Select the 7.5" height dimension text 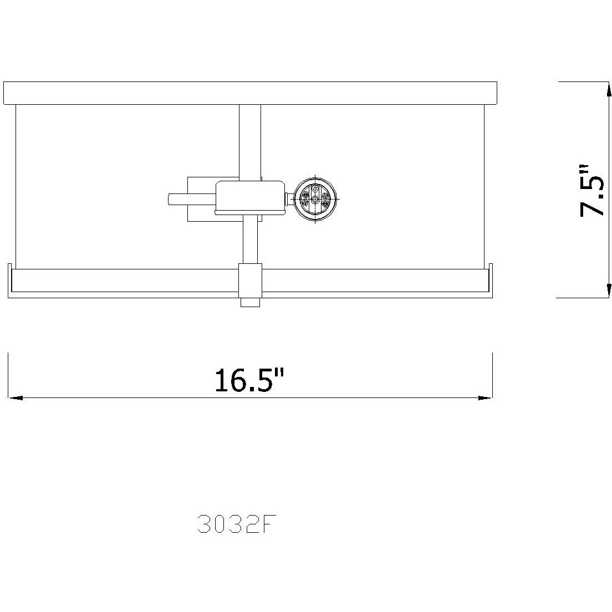pos(591,190)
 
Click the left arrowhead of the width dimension pos(15,397)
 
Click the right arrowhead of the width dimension pos(486,397)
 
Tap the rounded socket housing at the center pos(249,197)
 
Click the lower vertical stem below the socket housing pos(250,239)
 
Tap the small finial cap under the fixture pos(250,302)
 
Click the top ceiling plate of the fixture pos(250,93)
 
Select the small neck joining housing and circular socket pos(288,198)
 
